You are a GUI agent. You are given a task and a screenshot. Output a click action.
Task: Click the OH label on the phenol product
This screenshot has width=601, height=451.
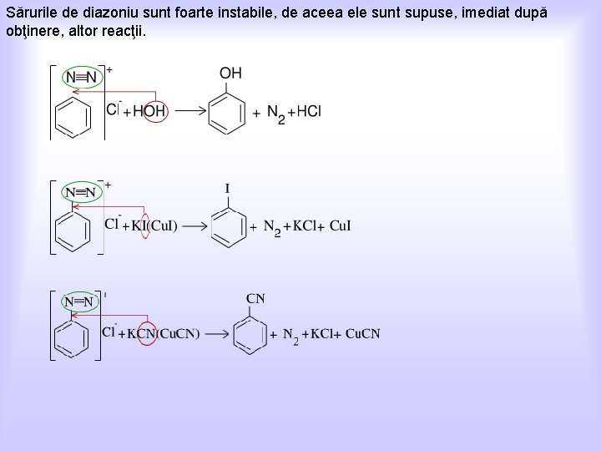(x=230, y=73)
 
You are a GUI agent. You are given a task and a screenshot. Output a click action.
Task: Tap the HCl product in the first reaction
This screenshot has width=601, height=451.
(x=308, y=111)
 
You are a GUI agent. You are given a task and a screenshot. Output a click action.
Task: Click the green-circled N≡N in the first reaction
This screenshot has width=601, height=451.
(x=81, y=78)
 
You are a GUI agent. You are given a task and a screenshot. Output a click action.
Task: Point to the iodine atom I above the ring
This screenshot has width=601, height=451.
(x=227, y=189)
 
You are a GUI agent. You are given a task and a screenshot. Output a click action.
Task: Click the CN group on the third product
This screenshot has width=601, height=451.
(x=256, y=298)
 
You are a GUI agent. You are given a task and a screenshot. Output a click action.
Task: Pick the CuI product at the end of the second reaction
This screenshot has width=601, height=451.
(x=341, y=225)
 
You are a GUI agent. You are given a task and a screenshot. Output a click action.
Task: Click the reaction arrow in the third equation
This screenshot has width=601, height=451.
(x=217, y=334)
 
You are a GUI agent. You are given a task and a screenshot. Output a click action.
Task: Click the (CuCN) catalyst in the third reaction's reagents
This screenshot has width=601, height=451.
(x=176, y=334)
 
